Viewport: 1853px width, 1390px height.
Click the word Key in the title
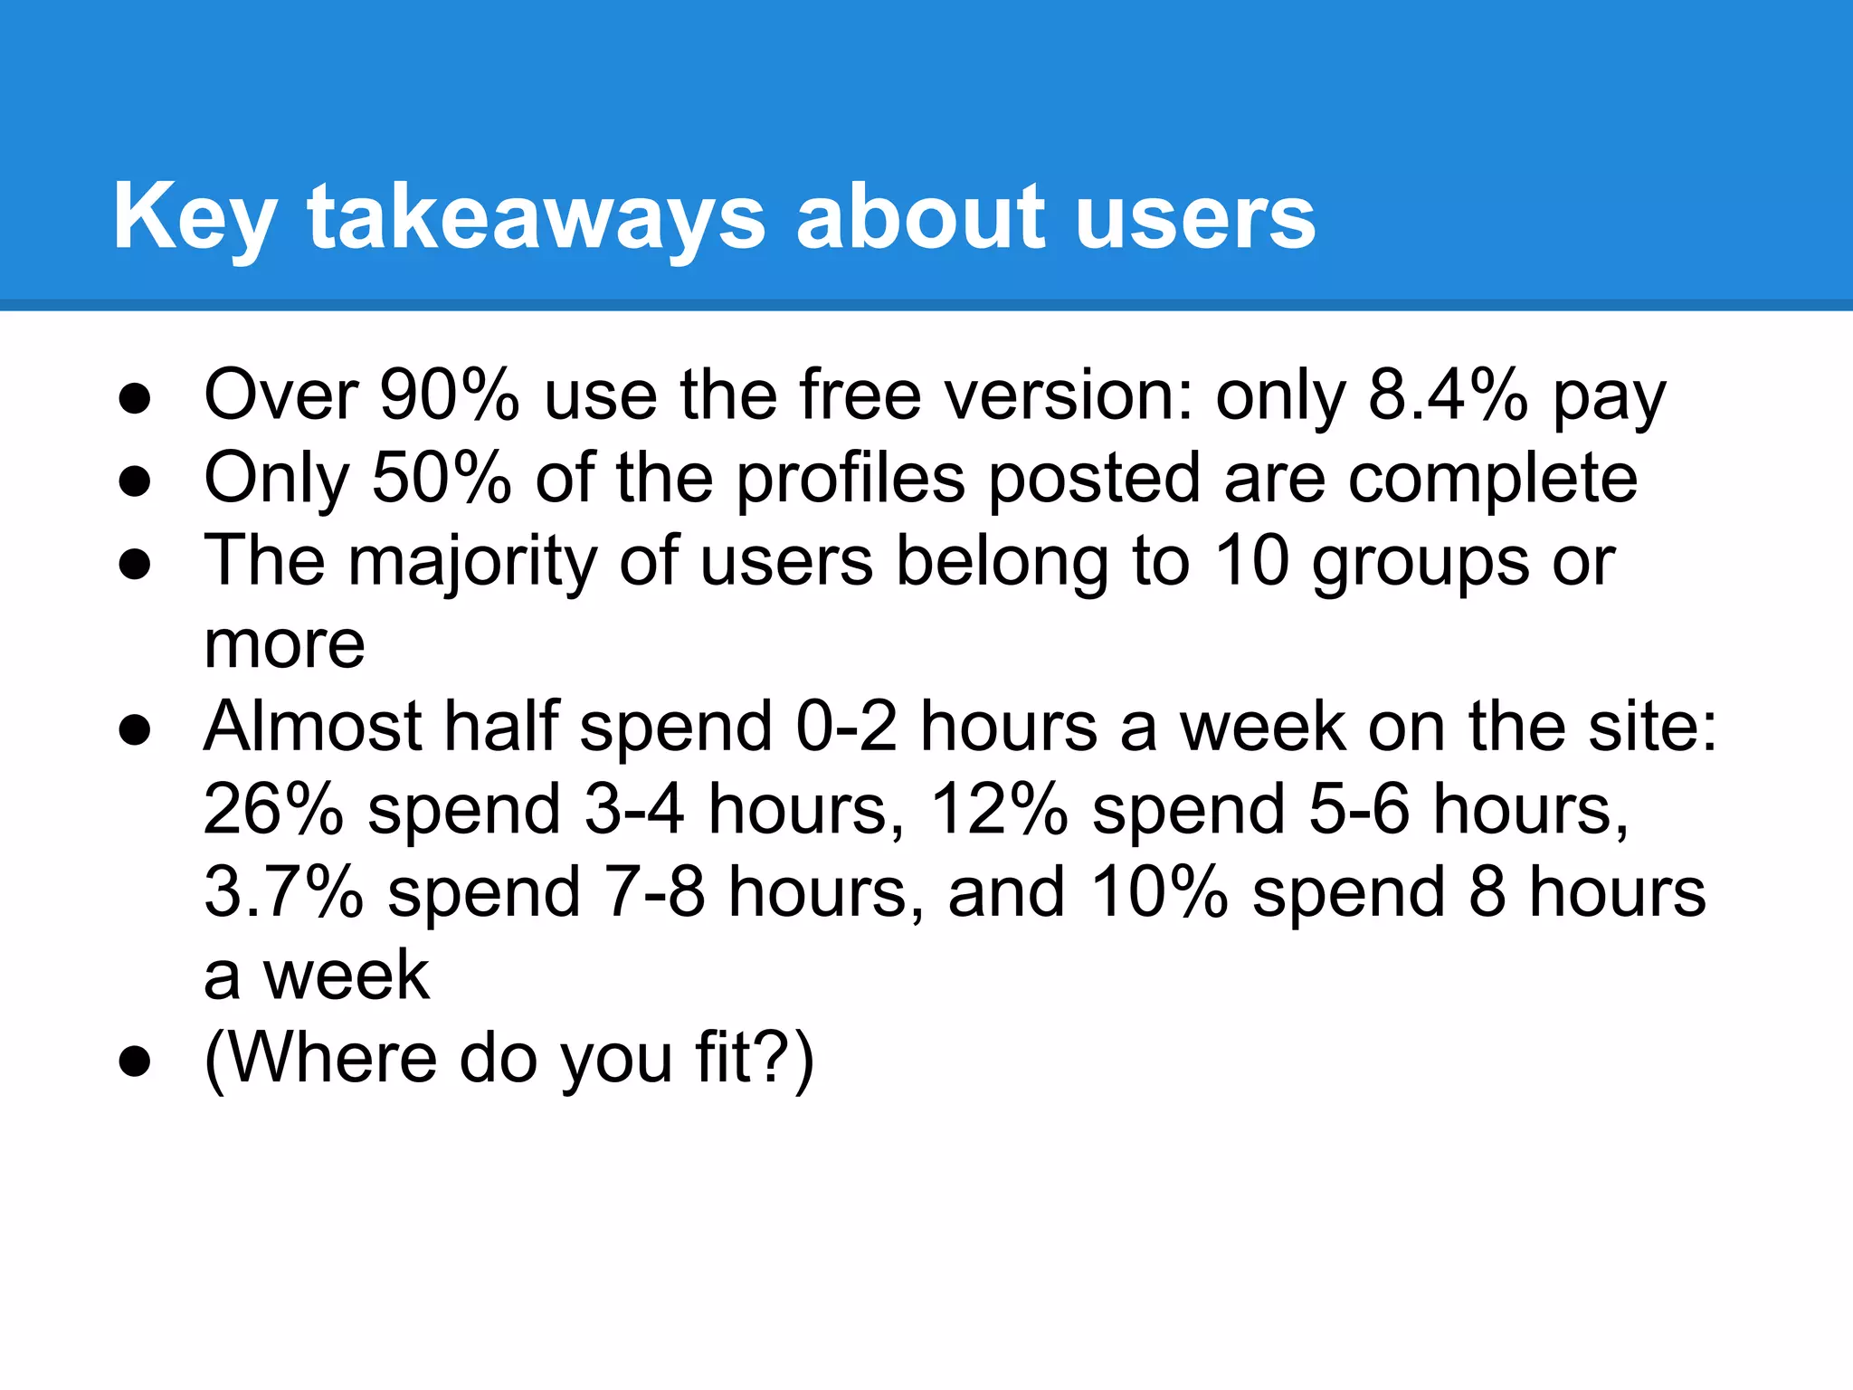194,217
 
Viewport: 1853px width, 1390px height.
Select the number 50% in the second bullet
442,478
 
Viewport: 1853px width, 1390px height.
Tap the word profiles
850,478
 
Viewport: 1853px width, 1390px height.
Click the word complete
1493,480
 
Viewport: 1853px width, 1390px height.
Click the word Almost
313,727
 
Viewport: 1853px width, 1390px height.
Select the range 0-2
847,727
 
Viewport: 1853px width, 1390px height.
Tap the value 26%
273,809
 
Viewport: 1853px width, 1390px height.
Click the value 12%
999,809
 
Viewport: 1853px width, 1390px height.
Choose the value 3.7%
283,892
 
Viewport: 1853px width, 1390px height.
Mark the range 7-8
654,892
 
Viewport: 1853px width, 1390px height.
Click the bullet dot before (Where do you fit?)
135,1061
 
